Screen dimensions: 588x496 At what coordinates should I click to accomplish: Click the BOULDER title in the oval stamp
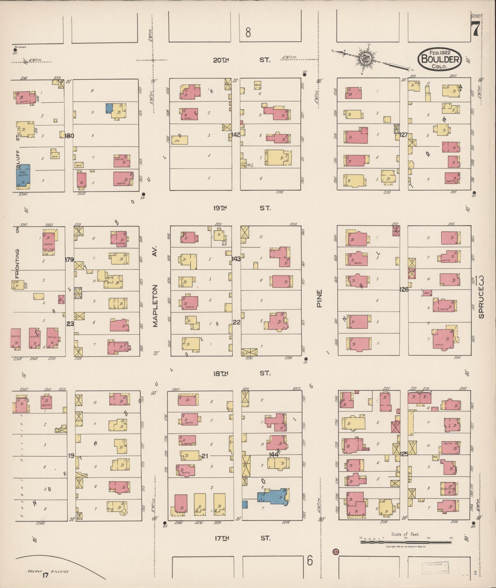click(440, 58)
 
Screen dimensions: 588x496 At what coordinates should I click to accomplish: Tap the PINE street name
click(319, 298)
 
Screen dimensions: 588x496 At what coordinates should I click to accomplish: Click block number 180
click(69, 136)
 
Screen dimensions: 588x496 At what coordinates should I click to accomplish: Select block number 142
click(236, 134)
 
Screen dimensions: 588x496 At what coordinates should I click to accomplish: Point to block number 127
click(403, 134)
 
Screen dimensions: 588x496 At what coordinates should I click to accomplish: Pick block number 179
click(69, 259)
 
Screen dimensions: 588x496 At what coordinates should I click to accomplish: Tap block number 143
click(236, 259)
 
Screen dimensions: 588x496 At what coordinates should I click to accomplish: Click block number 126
click(404, 289)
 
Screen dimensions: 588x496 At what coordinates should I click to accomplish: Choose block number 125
click(404, 453)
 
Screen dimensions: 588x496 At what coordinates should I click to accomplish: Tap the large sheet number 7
click(475, 30)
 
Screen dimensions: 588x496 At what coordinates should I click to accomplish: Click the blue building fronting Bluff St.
click(23, 176)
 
